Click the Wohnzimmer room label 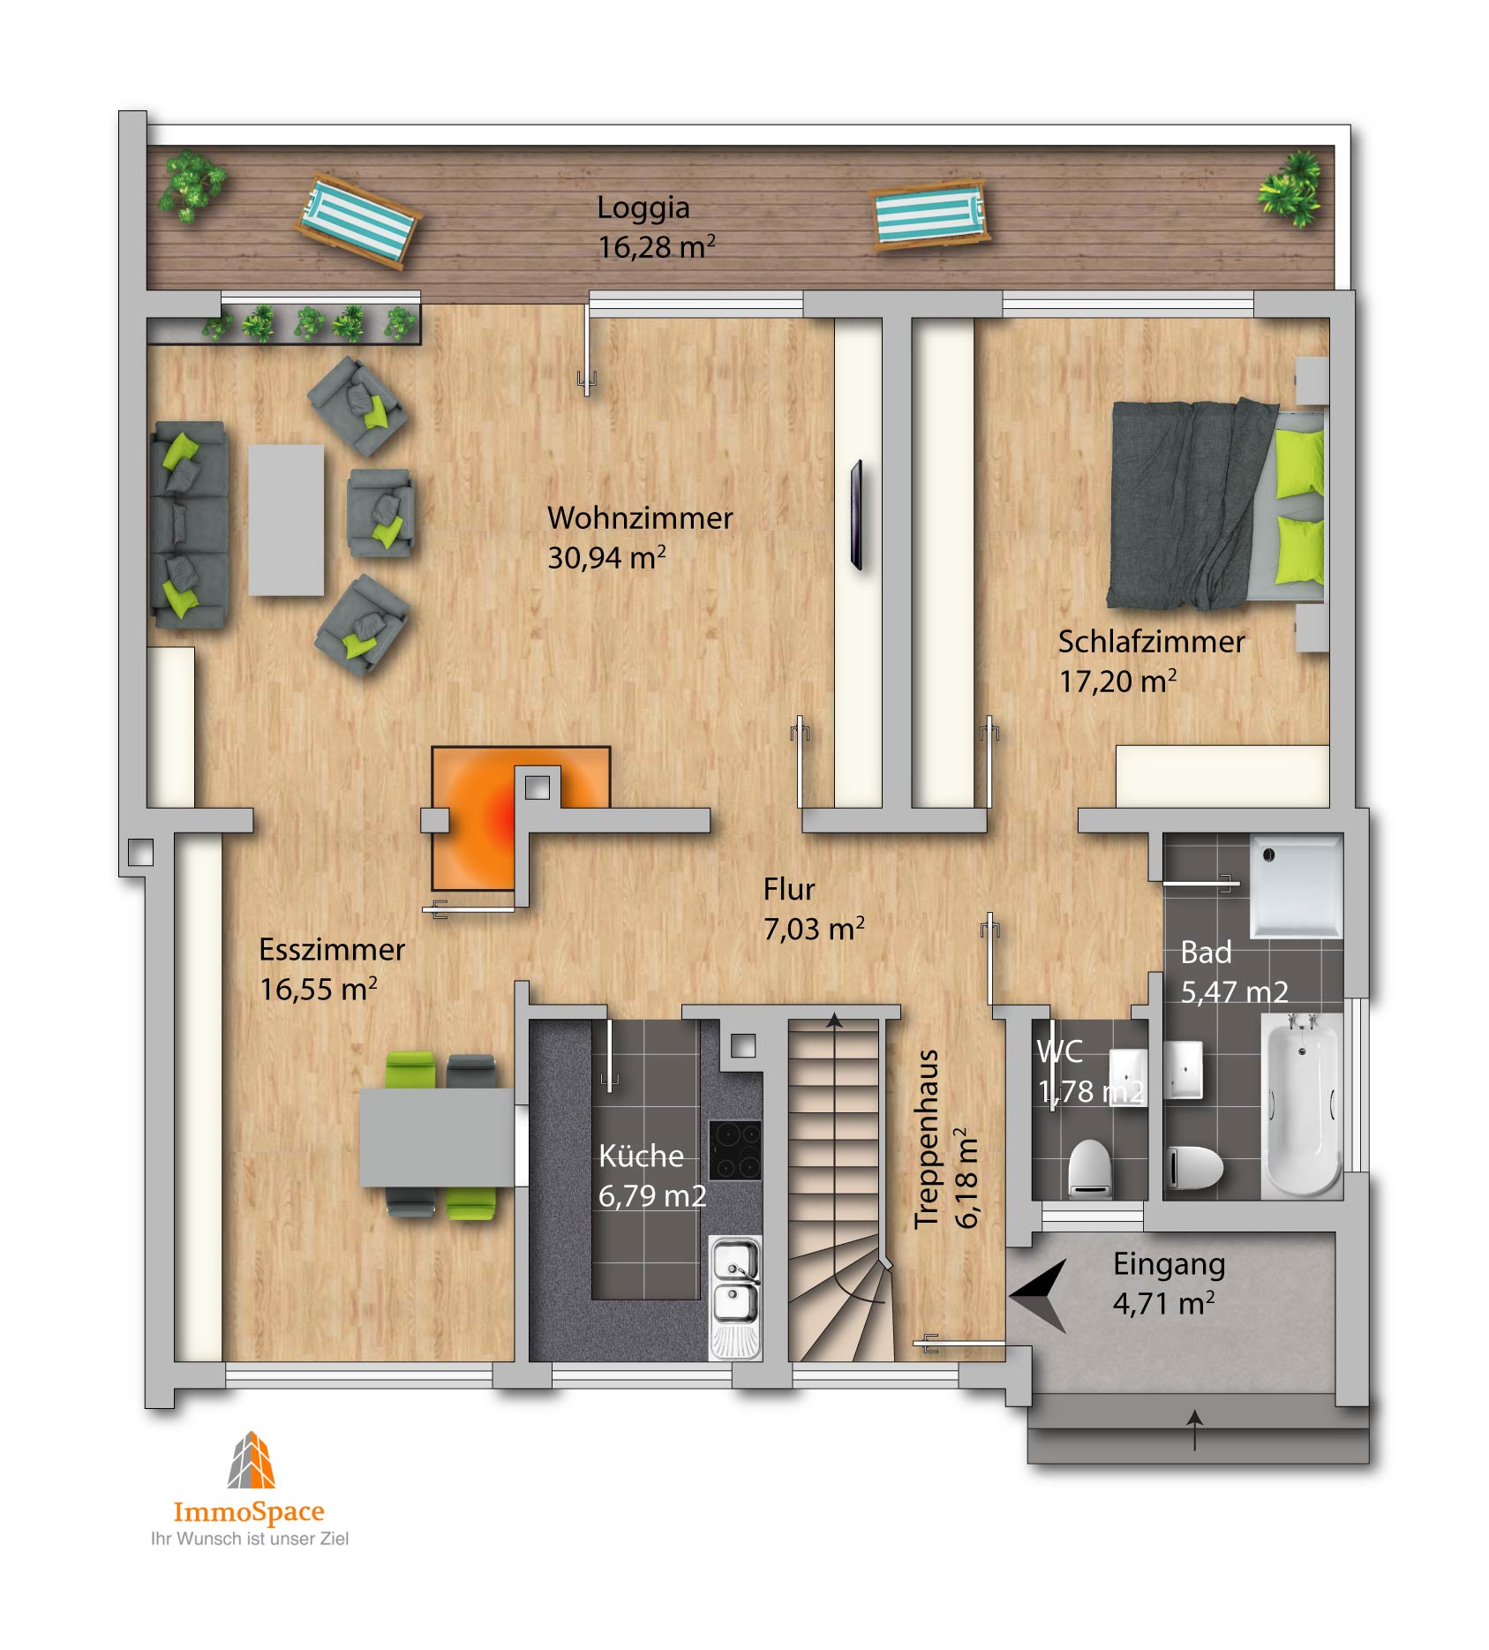point(640,518)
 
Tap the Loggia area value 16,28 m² point(657,246)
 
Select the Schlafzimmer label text point(1152,642)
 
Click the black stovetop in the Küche point(735,1150)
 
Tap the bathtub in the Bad point(1302,1105)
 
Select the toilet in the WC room point(1089,1168)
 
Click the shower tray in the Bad point(1296,886)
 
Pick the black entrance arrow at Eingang point(1038,1295)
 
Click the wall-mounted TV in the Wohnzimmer point(856,516)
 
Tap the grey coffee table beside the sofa point(286,520)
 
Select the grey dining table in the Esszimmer point(437,1137)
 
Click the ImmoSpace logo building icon point(252,1459)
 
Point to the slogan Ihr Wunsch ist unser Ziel point(250,1539)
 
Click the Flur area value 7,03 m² point(814,928)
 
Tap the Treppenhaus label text point(926,1139)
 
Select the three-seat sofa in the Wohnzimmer point(189,524)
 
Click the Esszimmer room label point(332,950)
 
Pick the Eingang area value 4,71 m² point(1163,1303)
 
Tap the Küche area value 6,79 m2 point(652,1195)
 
